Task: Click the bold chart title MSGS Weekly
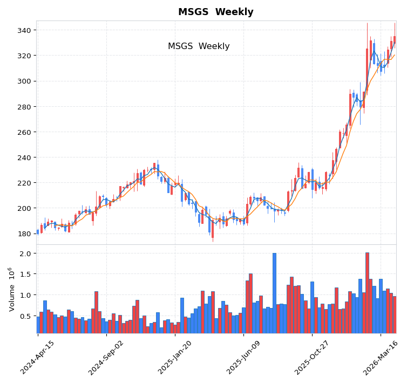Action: pos(215,12)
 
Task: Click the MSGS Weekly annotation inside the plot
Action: pos(199,46)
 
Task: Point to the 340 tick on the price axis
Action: pos(24,30)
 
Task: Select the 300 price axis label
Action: pos(24,81)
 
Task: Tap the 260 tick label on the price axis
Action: pos(24,132)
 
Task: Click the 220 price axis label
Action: pos(24,183)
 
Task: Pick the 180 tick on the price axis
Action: pos(24,234)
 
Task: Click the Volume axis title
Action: pos(11,289)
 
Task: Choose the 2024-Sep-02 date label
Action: pos(106,358)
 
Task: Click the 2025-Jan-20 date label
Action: pos(174,358)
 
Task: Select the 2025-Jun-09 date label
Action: pos(243,358)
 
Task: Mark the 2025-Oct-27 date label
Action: pos(311,358)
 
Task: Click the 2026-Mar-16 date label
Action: pos(380,358)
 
